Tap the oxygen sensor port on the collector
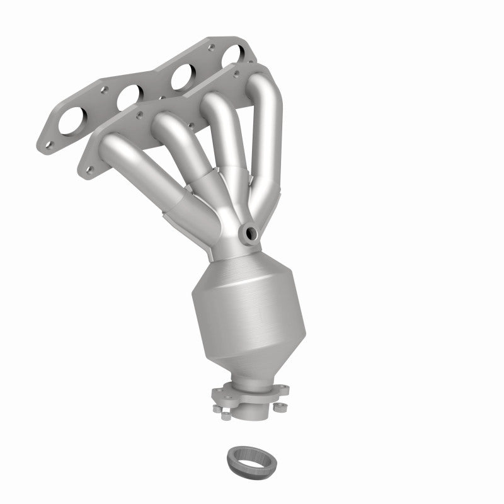click(x=250, y=233)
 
